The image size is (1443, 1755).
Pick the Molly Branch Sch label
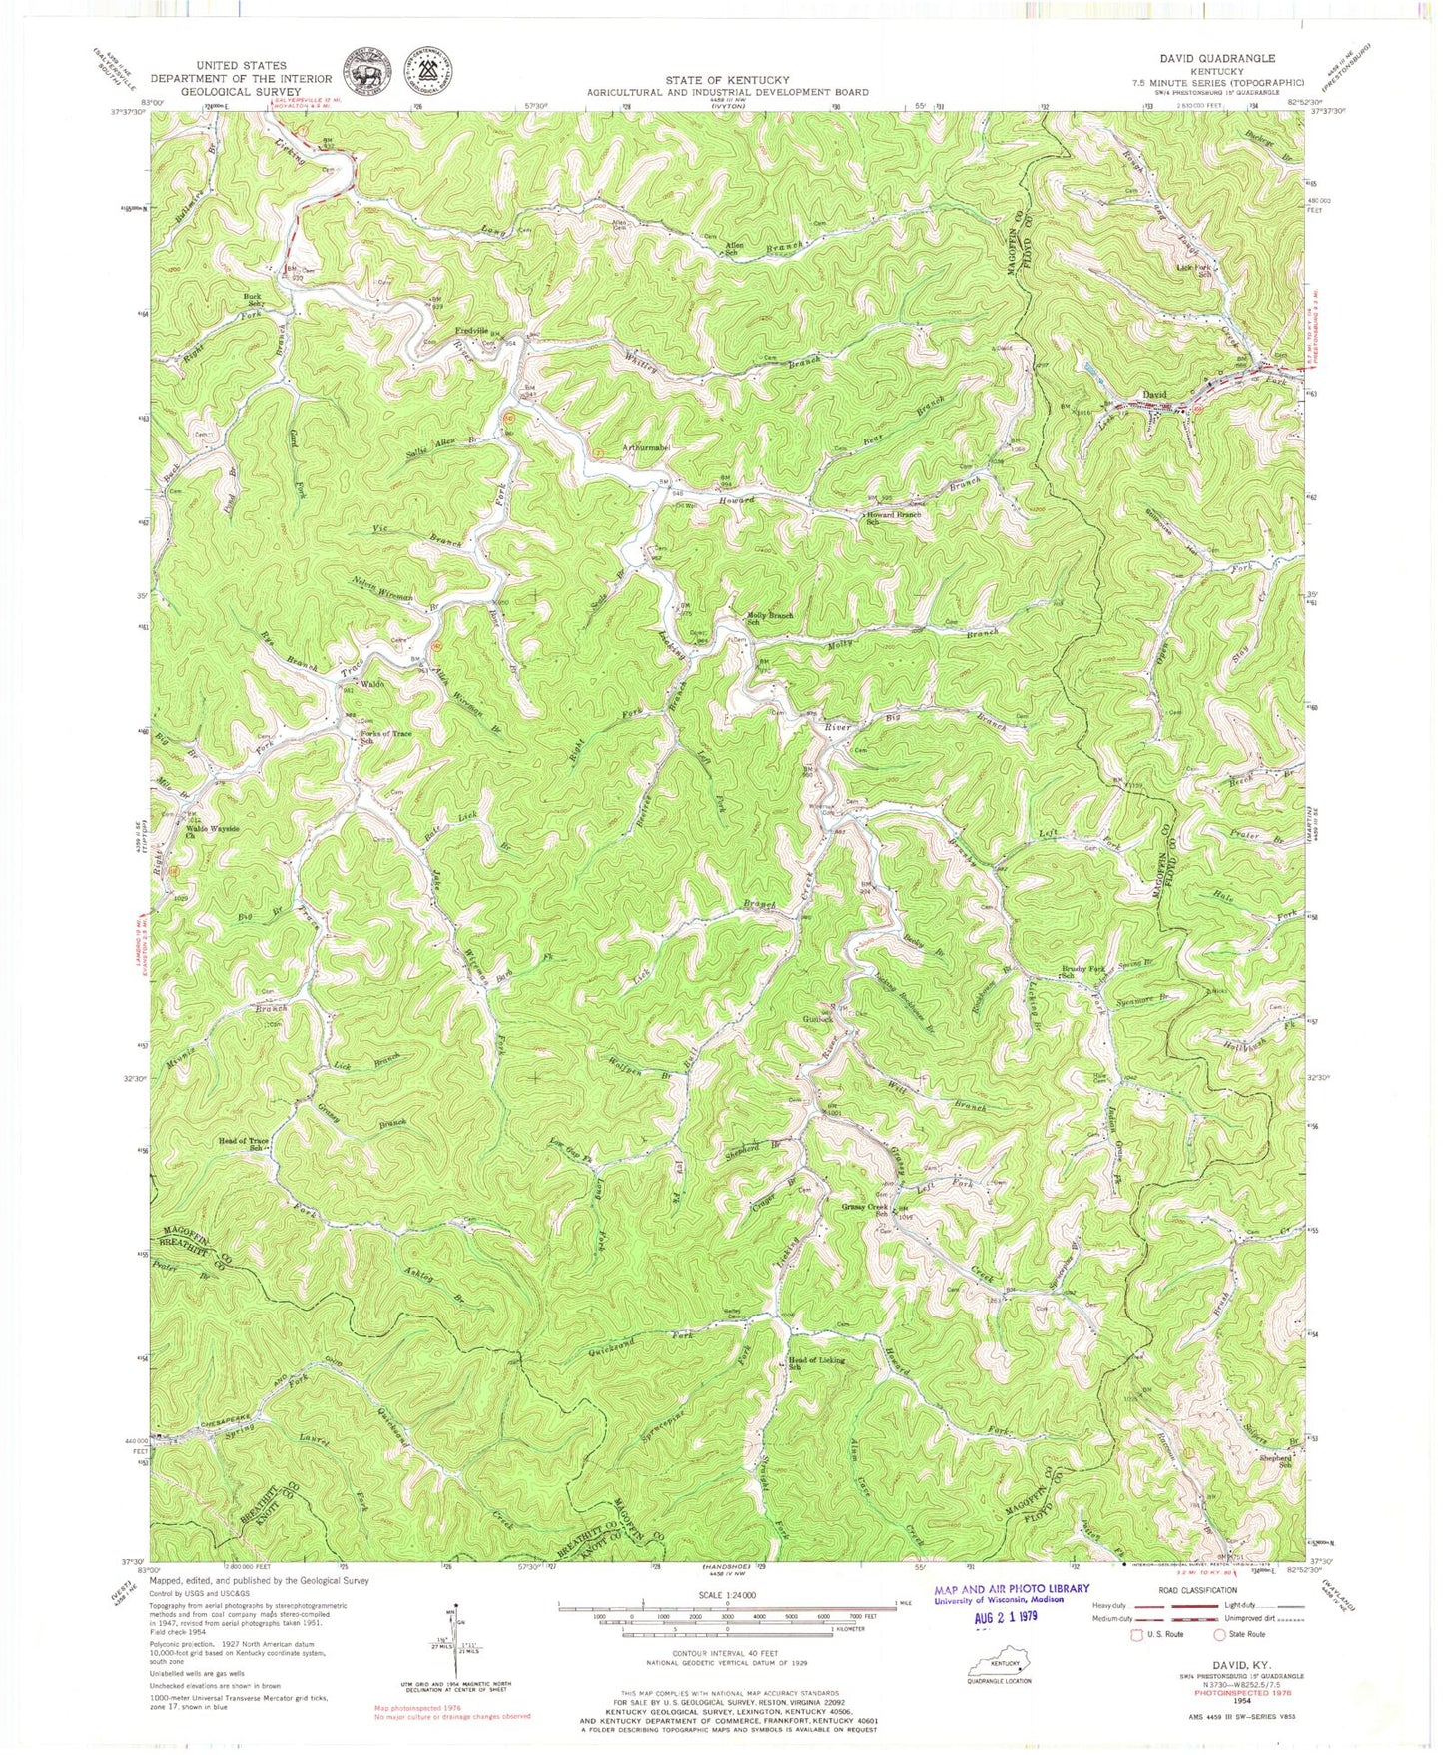coord(763,619)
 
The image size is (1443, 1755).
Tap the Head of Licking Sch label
coord(816,1363)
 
